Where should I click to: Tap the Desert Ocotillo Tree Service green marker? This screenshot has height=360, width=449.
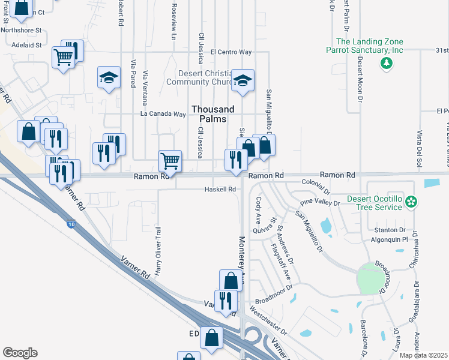(x=411, y=202)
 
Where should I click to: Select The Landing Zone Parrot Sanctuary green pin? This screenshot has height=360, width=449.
(x=385, y=62)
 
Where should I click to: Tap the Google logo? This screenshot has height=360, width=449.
(x=20, y=353)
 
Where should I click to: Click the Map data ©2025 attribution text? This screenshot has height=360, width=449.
(x=424, y=355)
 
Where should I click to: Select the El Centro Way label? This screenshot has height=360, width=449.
(x=231, y=52)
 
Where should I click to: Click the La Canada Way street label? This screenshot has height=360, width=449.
(x=163, y=113)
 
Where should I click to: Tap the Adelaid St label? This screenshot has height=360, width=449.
(x=25, y=44)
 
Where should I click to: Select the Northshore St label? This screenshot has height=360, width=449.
(x=21, y=29)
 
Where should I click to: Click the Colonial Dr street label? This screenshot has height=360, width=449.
(x=316, y=182)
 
